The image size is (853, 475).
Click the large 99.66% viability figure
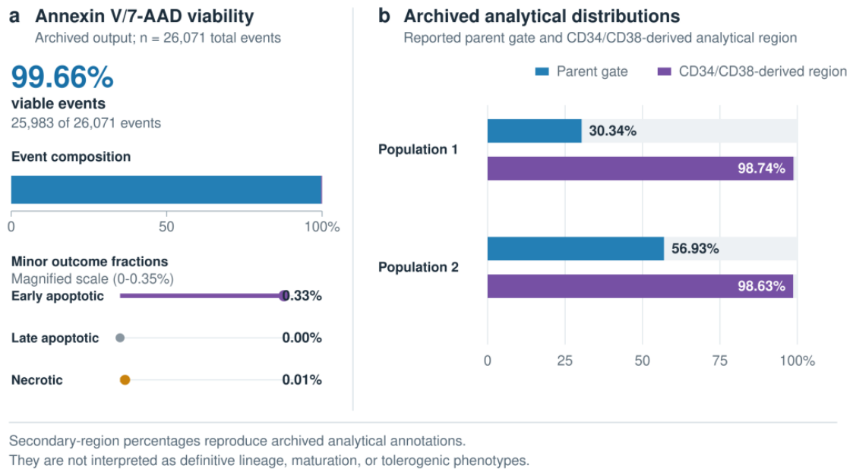click(x=62, y=77)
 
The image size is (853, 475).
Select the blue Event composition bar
click(x=166, y=190)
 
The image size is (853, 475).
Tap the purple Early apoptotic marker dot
click(x=283, y=296)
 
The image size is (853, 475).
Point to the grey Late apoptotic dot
click(x=120, y=338)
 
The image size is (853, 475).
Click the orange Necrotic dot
click(x=125, y=380)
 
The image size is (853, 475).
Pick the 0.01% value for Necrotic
click(x=302, y=380)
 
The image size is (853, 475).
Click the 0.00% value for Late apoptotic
click(x=302, y=338)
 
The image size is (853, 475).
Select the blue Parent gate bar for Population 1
click(x=534, y=131)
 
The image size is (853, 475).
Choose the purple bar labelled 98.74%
click(x=640, y=168)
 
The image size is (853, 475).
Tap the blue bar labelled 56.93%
click(x=576, y=249)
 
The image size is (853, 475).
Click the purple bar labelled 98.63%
click(x=640, y=286)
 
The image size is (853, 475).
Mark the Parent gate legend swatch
click(x=542, y=72)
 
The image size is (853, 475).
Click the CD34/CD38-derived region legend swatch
click(x=664, y=72)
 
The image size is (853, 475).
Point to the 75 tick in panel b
click(x=720, y=361)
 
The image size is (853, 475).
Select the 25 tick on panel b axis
click(x=564, y=361)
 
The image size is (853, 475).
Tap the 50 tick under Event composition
click(x=166, y=227)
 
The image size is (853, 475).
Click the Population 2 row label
click(x=419, y=267)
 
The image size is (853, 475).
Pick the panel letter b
click(x=384, y=16)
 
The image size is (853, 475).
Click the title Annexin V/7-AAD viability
click(x=145, y=16)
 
